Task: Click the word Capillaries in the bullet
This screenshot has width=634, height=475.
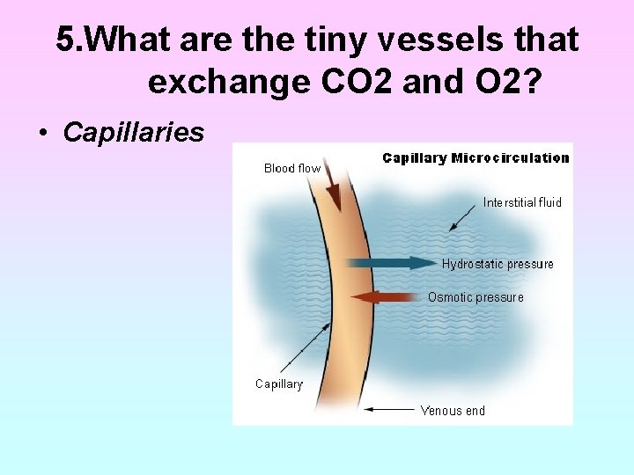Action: click(134, 133)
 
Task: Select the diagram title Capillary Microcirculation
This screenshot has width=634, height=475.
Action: click(475, 158)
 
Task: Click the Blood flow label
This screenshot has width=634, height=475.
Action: click(292, 168)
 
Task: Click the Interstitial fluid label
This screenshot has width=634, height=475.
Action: click(522, 202)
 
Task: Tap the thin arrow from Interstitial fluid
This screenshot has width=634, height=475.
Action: click(464, 218)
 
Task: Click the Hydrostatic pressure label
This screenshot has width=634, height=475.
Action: click(498, 264)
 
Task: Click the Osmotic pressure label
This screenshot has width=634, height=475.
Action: click(475, 297)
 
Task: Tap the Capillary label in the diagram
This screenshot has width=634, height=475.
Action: click(279, 384)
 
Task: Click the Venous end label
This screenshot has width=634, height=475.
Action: click(453, 410)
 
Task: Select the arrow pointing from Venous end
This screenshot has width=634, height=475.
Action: click(389, 409)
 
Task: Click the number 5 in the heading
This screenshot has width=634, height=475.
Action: click(65, 40)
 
